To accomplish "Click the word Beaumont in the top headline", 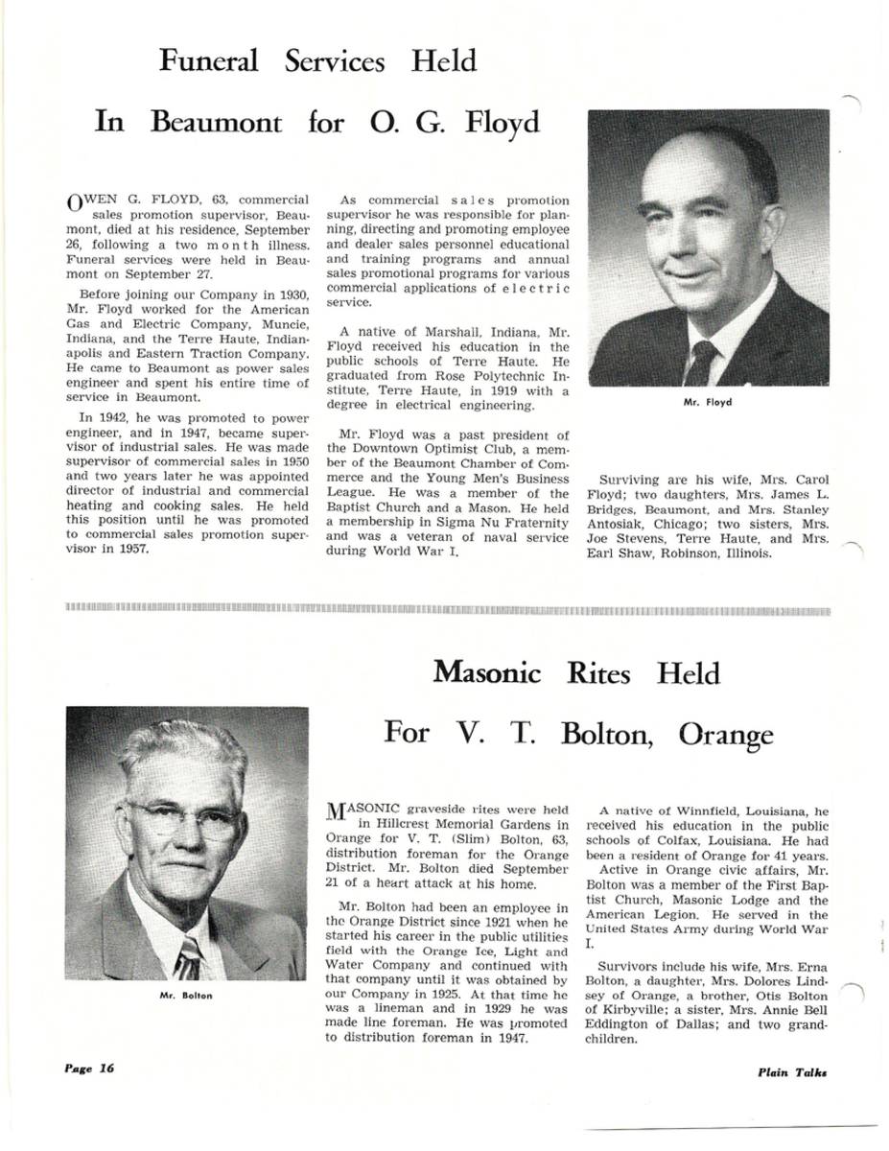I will pos(217,124).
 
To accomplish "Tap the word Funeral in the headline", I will pos(209,61).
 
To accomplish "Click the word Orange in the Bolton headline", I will pos(726,735).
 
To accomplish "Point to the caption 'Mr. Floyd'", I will pos(708,403).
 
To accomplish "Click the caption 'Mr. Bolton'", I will pos(186,996).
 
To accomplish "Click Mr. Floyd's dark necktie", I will pos(702,363).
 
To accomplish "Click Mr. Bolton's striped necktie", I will pos(188,959).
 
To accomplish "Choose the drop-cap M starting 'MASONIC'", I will pos(337,814).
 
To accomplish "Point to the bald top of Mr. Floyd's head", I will pos(695,153).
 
